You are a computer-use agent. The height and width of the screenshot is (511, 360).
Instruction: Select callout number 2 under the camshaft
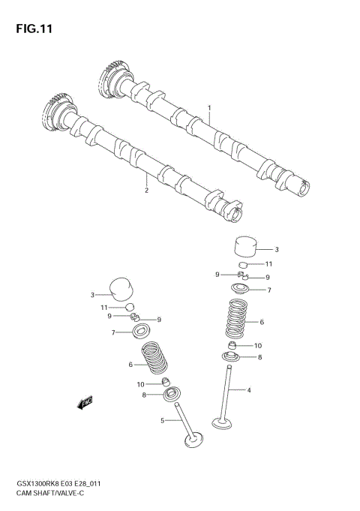click(147, 190)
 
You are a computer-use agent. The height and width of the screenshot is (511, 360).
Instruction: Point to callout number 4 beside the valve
click(249, 390)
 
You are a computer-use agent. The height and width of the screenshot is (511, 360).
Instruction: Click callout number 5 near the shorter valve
click(162, 421)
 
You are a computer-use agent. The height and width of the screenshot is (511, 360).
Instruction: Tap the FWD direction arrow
click(84, 403)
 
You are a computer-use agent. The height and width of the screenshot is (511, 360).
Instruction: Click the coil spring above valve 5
click(154, 357)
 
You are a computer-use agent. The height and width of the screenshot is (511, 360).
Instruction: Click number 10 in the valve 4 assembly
click(258, 345)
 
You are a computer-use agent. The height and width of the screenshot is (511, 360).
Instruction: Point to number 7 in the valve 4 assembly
click(269, 290)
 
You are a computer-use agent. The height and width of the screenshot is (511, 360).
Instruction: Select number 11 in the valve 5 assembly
click(106, 308)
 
